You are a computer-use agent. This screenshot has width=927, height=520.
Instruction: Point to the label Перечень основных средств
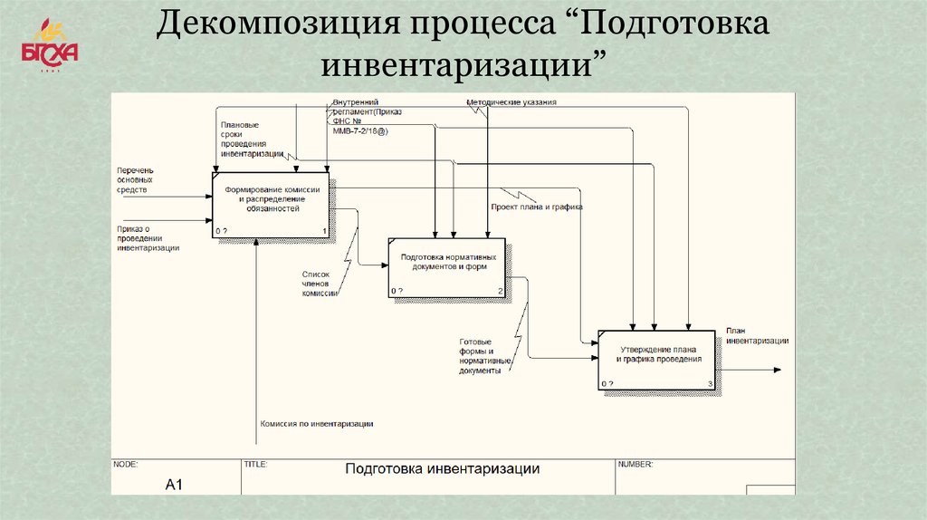[x=135, y=180]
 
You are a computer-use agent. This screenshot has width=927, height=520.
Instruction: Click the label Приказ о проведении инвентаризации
[x=148, y=237]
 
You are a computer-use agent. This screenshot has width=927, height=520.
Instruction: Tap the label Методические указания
[x=511, y=102]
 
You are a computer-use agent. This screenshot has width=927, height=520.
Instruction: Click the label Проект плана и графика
[x=536, y=207]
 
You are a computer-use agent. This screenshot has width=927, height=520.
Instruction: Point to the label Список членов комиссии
[x=319, y=283]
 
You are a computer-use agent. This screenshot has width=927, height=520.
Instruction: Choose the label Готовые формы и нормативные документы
[x=485, y=356]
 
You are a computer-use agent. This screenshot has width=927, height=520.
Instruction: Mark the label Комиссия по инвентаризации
[x=316, y=423]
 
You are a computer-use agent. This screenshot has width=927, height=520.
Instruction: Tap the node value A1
[x=174, y=485]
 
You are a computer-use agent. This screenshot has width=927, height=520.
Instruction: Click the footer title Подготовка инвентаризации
[x=442, y=469]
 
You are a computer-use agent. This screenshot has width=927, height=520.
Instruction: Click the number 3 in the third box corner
[x=711, y=384]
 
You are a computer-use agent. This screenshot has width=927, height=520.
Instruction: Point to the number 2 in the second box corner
[x=500, y=291]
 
